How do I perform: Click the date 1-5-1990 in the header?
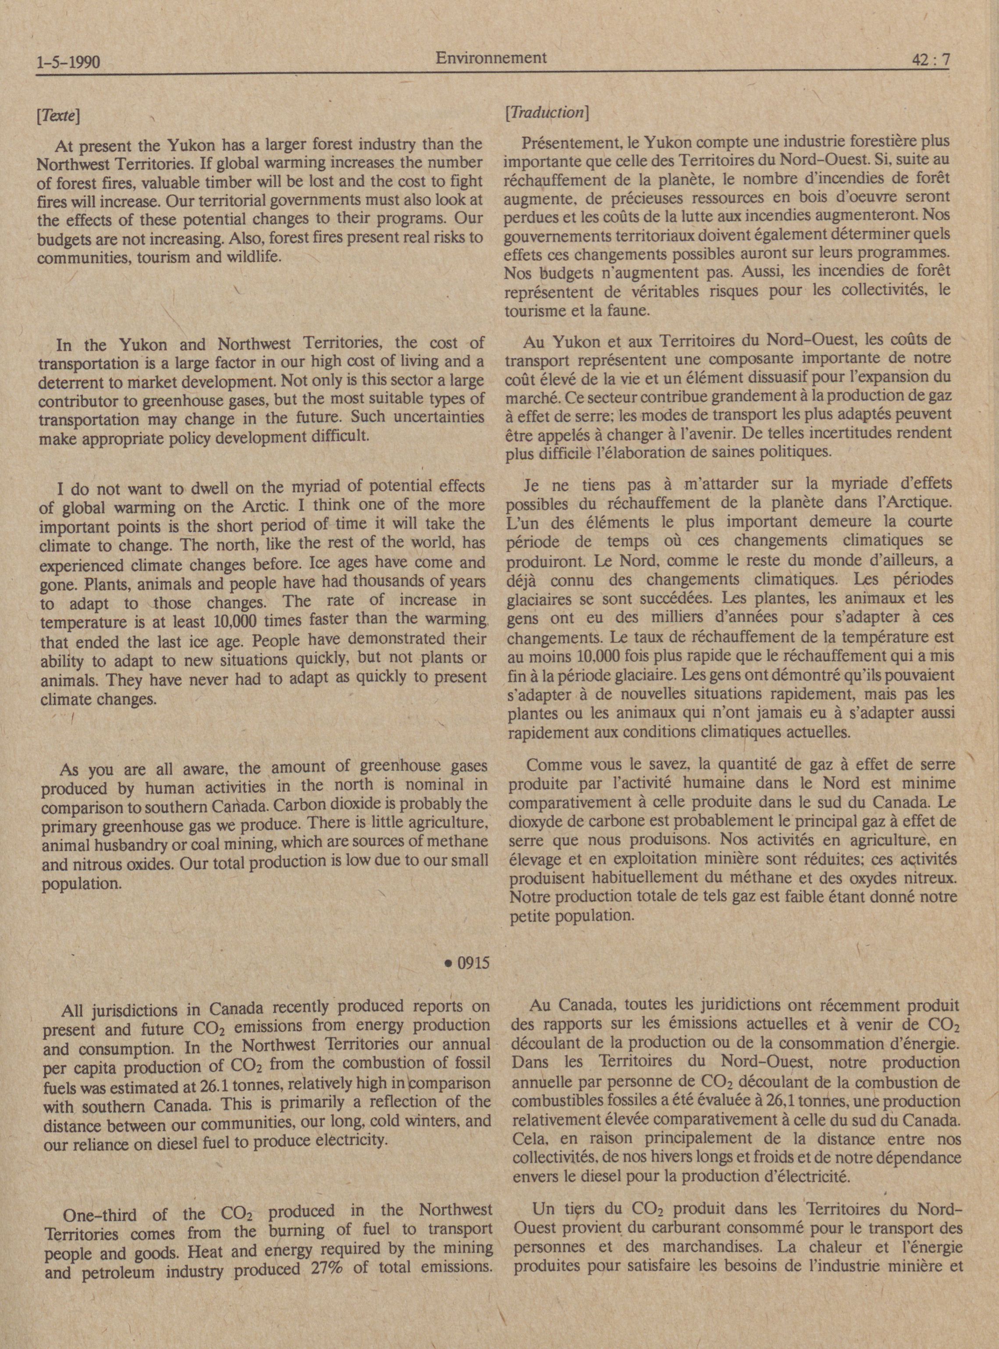(68, 62)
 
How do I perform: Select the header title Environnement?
(491, 57)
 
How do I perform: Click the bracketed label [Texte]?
(59, 115)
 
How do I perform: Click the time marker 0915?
(466, 963)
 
